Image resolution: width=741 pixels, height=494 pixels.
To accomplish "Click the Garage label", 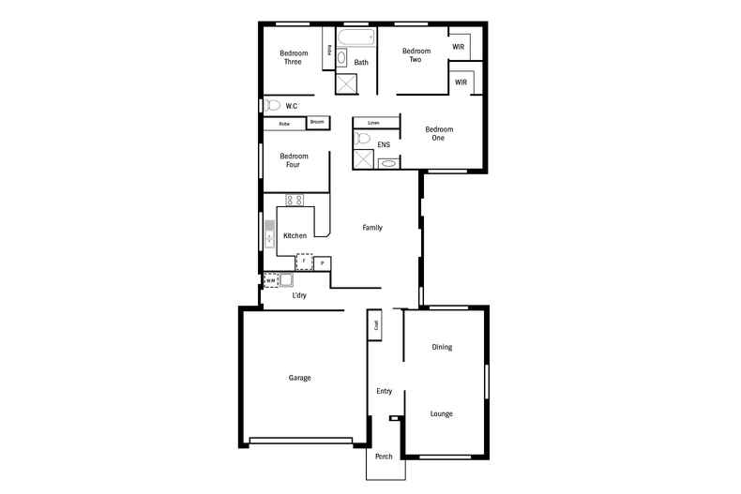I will click(299, 378).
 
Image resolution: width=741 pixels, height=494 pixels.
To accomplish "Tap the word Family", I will click(372, 228).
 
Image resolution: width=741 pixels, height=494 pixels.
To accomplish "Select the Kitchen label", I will click(295, 235).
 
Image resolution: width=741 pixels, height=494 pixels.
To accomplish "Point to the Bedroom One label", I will click(439, 133).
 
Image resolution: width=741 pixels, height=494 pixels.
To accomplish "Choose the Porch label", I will click(384, 457).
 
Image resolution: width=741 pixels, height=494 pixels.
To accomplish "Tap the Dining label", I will click(442, 347).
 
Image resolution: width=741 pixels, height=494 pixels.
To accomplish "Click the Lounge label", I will click(442, 413).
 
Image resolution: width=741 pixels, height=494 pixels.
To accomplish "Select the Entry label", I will click(384, 391).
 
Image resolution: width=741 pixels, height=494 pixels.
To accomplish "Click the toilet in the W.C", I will click(274, 105).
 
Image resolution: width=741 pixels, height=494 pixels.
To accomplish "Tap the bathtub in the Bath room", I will click(355, 40).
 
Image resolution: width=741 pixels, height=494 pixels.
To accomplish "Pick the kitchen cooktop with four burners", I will click(295, 200).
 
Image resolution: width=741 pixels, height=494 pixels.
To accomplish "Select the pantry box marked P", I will click(322, 263).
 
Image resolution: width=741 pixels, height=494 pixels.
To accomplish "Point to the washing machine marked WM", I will click(270, 279).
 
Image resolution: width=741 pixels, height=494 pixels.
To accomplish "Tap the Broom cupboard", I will click(317, 123).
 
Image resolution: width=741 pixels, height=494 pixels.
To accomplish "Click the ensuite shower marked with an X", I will click(362, 158).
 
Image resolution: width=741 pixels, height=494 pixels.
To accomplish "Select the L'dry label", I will click(299, 295).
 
